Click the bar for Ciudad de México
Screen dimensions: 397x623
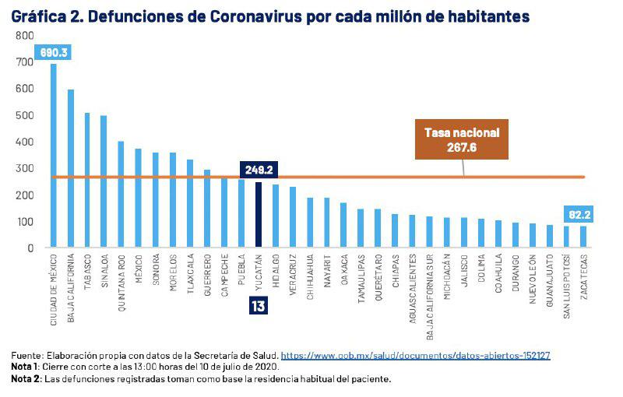(x=54, y=156)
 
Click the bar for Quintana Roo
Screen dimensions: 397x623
(x=121, y=195)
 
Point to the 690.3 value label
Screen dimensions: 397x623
(x=50, y=53)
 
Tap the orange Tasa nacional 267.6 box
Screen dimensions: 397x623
(x=461, y=139)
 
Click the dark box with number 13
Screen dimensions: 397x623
(x=258, y=306)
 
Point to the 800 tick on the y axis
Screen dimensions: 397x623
(x=25, y=36)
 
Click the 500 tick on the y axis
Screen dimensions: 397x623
(x=25, y=115)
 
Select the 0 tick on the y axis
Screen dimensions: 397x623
(x=30, y=248)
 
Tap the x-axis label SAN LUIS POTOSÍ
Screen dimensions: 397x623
(x=566, y=279)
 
